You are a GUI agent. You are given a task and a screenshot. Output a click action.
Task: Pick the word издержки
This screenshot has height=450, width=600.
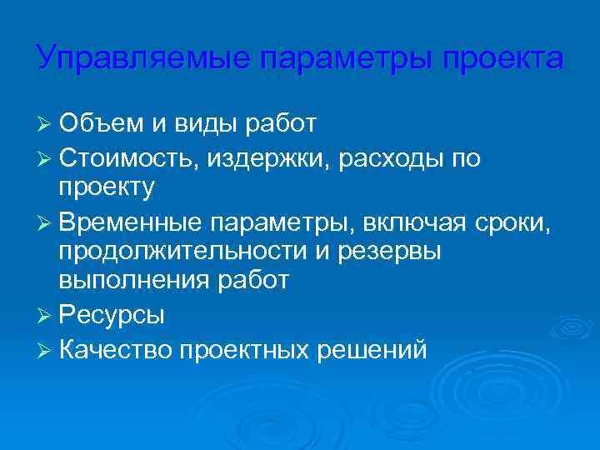coord(272,157)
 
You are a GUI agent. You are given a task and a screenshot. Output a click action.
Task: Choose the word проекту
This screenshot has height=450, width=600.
coord(107,188)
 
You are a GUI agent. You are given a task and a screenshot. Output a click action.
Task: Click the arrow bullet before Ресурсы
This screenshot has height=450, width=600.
coord(46,316)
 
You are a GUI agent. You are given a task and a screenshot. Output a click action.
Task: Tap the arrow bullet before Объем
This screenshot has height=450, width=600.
coord(46,125)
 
